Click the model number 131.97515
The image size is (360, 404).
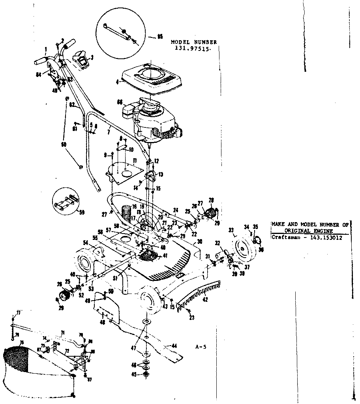coord(193,48)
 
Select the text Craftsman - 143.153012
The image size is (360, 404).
coord(306,238)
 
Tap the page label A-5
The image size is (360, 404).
coord(201,347)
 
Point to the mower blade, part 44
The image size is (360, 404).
coord(154,338)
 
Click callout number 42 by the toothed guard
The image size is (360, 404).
coord(205,299)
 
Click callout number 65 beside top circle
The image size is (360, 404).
coord(160,37)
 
